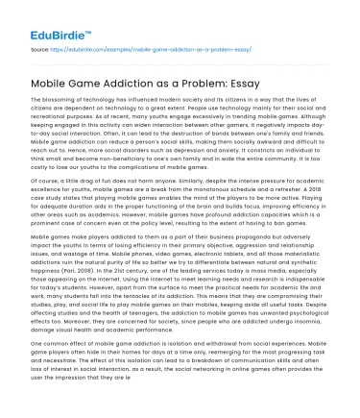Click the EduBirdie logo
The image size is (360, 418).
tap(49, 21)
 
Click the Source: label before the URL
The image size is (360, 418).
tap(42, 45)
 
